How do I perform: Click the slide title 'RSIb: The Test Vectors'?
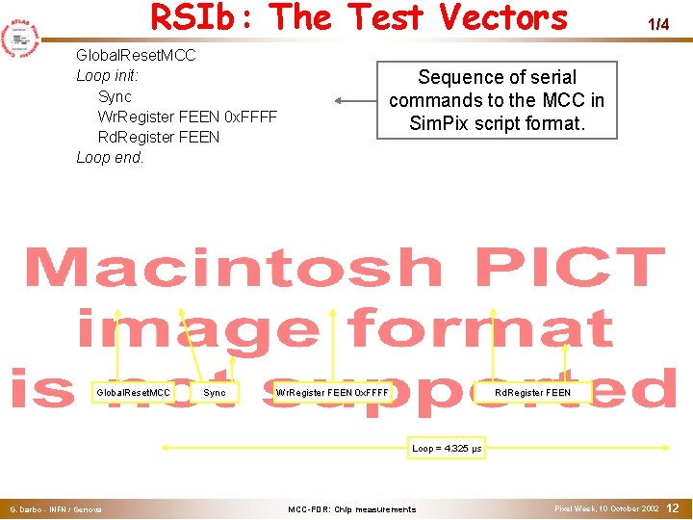point(359,18)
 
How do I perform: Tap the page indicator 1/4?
point(657,25)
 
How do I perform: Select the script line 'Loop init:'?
point(108,76)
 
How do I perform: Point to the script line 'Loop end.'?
point(110,157)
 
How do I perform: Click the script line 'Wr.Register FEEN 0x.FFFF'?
point(187,117)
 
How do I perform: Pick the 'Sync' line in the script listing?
point(115,96)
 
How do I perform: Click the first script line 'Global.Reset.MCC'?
point(136,56)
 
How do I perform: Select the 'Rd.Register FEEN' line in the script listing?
point(158,137)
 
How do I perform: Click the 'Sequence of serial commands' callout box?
point(497,100)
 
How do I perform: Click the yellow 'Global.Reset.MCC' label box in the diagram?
point(133,393)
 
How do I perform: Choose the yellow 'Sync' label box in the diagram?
point(215,393)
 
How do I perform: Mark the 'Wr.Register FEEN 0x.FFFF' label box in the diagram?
point(332,393)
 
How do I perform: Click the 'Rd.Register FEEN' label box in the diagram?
point(532,393)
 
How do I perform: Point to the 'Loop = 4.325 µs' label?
point(447,449)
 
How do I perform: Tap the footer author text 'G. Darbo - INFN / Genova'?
point(56,509)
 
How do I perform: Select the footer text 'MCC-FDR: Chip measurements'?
point(352,509)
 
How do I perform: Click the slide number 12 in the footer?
point(673,507)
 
